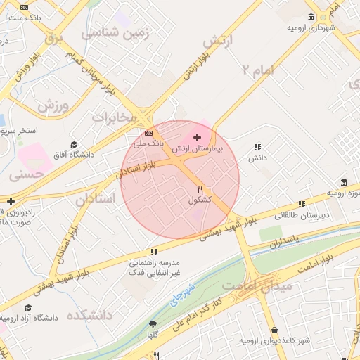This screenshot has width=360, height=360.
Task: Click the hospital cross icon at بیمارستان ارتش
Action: click(x=197, y=137)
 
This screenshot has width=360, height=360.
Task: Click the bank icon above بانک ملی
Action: click(x=148, y=132)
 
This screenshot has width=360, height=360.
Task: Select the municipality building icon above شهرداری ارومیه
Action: click(x=311, y=17)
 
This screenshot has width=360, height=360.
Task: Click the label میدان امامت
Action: click(x=247, y=286)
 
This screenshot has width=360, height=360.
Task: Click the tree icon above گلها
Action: click(x=153, y=324)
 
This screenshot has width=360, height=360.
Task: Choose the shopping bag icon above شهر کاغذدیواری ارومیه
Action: click(x=274, y=330)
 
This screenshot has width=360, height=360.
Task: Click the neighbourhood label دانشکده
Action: click(x=89, y=314)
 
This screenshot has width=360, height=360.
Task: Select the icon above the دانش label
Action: click(x=257, y=147)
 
